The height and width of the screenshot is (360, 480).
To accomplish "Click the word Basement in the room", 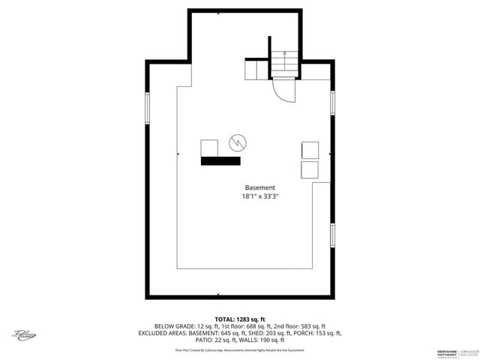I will [x=259, y=187].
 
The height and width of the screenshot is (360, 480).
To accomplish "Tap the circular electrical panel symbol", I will [x=237, y=142].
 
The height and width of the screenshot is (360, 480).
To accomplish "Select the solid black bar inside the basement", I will [x=220, y=160].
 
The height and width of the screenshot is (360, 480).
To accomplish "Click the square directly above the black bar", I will [x=209, y=148].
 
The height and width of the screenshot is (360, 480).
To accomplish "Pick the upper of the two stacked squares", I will [x=310, y=149].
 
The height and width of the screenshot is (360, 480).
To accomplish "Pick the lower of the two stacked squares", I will [x=310, y=169].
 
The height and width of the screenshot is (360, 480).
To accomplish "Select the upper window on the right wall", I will [x=332, y=103].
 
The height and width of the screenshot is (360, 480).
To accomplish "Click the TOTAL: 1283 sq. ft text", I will [x=239, y=319].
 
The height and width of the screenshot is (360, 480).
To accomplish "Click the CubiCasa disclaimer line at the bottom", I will [x=239, y=349].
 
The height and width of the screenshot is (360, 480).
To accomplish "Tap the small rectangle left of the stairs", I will [x=256, y=70].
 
